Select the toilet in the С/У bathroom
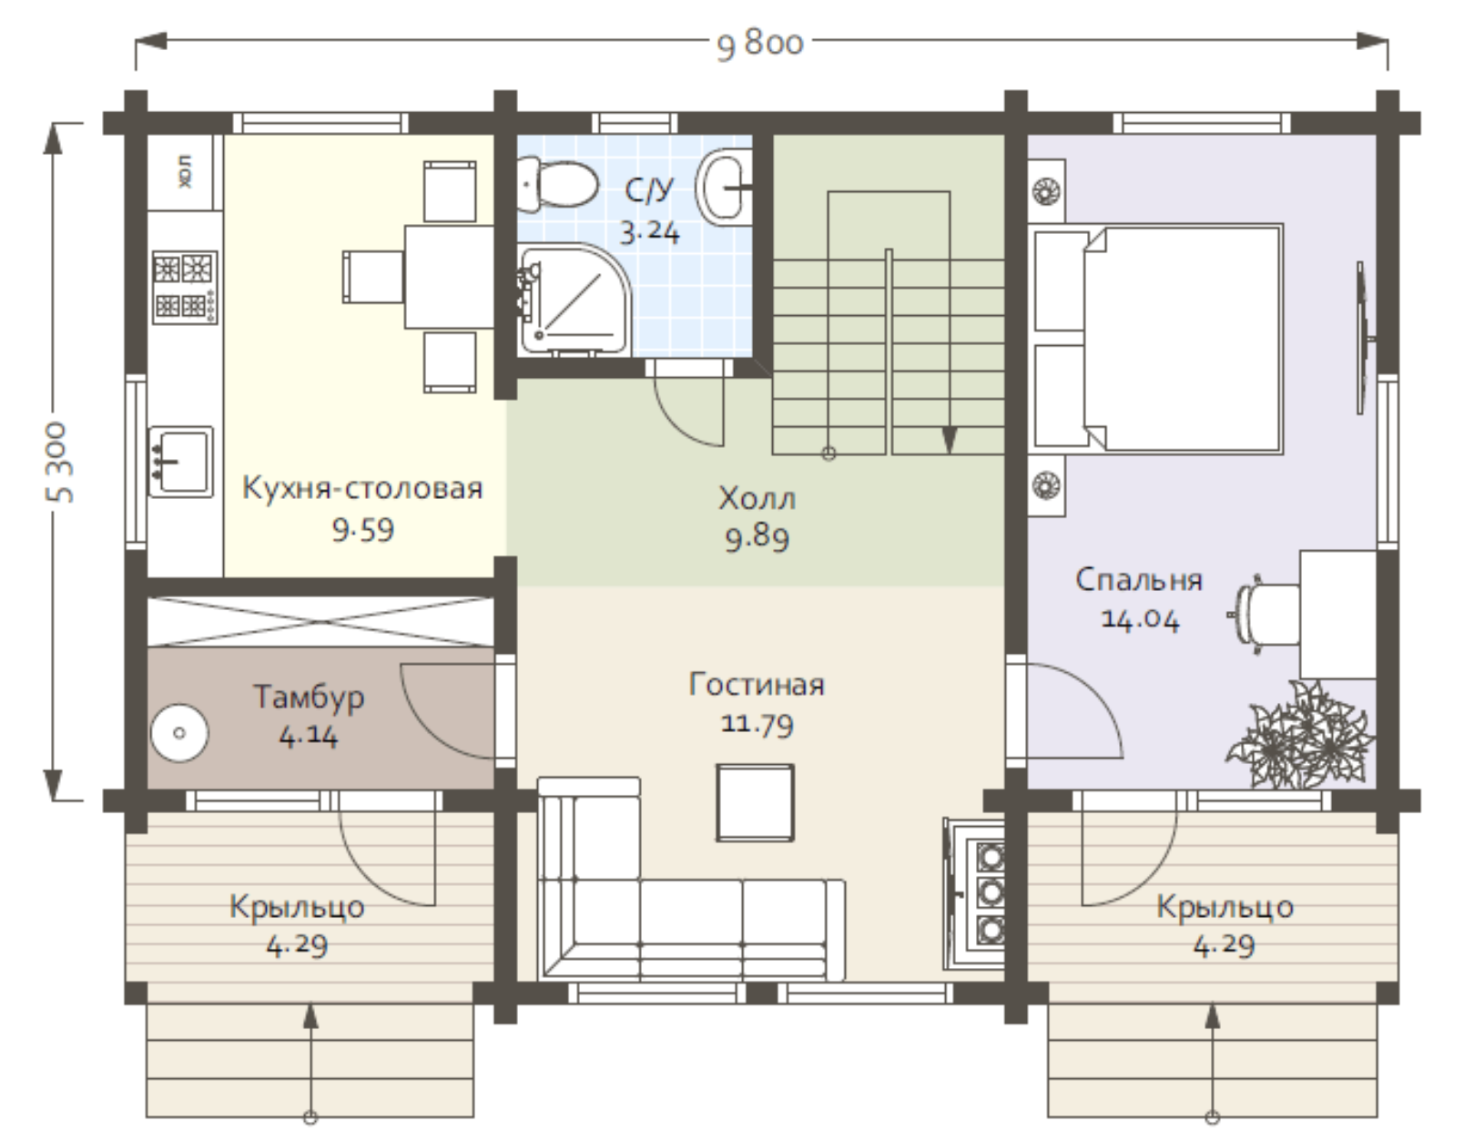pos(558,182)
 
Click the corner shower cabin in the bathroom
pos(574,300)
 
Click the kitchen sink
pos(180,462)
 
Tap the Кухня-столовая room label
pos(362,488)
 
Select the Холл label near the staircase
pos(757,498)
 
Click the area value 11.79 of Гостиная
pos(757,724)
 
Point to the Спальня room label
pos(1139,580)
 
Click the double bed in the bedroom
pos(1157,339)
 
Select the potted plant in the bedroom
pos(1296,736)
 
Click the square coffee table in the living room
pos(755,803)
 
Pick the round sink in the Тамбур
pos(179,733)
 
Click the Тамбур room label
pos(309,697)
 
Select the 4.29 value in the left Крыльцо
pos(297,946)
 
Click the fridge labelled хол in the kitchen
pos(185,172)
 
